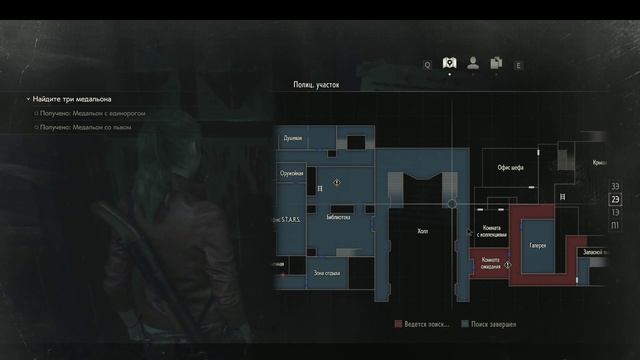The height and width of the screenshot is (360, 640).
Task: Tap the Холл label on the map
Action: click(422, 230)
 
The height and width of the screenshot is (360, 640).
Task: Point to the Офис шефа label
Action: click(511, 169)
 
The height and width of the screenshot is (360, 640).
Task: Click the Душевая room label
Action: click(292, 139)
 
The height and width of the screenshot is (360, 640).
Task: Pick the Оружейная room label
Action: click(291, 172)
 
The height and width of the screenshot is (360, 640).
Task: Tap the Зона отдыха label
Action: click(327, 272)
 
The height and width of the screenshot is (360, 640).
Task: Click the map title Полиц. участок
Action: click(316, 86)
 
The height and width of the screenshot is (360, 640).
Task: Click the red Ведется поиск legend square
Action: click(398, 324)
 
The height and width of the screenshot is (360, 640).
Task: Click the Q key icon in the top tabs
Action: click(427, 64)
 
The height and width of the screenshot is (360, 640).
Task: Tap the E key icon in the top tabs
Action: click(518, 64)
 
